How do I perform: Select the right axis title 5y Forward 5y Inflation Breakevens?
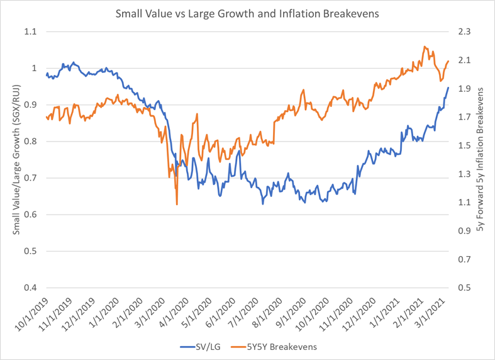pos(481,160)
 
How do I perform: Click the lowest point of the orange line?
pos(177,204)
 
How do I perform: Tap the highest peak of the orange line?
pos(425,46)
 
